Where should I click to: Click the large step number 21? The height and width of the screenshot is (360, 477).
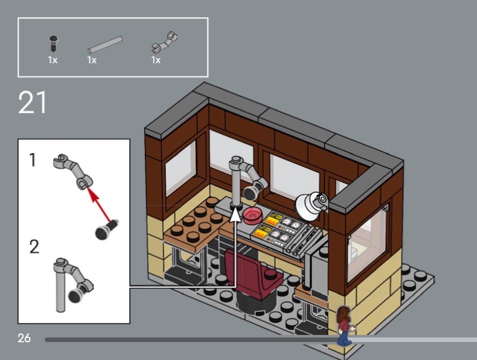coord(32,103)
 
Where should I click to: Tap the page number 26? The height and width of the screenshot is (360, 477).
coord(24,338)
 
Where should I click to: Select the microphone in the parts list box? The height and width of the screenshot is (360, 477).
coord(54,44)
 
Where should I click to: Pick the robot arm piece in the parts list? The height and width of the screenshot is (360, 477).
coord(165,42)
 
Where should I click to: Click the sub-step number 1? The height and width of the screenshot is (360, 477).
coord(33,160)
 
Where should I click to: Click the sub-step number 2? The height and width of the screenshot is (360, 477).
coord(34,247)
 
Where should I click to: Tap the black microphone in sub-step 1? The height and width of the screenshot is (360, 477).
coord(106,229)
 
